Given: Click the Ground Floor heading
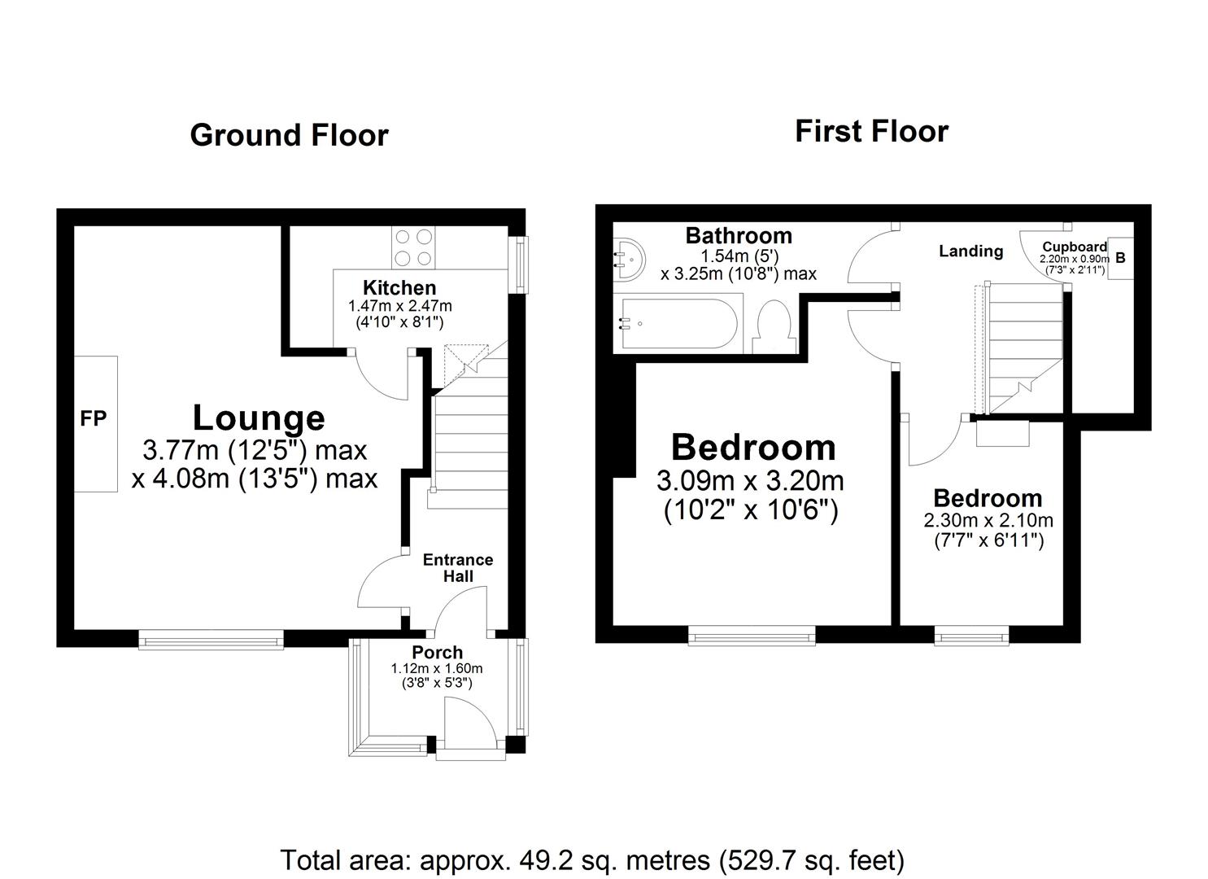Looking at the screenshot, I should (x=289, y=135).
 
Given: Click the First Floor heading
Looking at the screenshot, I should (x=871, y=131).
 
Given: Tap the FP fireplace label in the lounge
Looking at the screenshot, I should (x=93, y=418).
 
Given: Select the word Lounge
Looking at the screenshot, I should (x=259, y=418).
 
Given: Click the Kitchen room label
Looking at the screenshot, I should (x=399, y=287).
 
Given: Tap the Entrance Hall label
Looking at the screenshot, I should (x=458, y=567).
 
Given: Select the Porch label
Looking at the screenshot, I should (x=437, y=652).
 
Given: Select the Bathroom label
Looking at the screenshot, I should (x=739, y=235).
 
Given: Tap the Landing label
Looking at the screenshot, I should (x=970, y=251).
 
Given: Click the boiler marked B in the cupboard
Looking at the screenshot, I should (x=1120, y=258).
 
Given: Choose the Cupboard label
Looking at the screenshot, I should (x=1075, y=247).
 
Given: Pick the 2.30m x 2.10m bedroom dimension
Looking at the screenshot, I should (x=988, y=520).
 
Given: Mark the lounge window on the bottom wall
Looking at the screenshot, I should (x=211, y=640).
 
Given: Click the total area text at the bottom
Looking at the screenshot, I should (x=592, y=859).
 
